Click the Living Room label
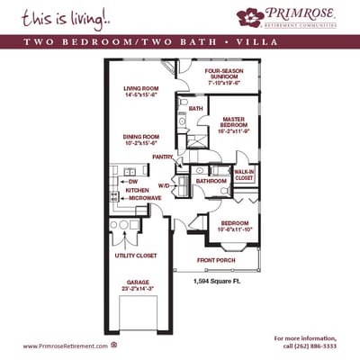point(140,87)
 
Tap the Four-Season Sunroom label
point(225,71)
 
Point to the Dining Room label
point(140,136)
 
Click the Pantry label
point(162,157)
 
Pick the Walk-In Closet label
point(245,174)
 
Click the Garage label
point(138,283)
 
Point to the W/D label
point(164,185)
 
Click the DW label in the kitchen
point(132,182)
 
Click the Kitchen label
point(137,190)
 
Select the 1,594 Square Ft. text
point(215,282)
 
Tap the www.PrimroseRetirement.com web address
point(60,346)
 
